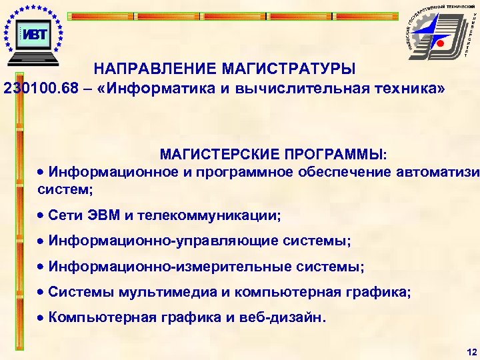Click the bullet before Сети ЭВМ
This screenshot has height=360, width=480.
pos(41,216)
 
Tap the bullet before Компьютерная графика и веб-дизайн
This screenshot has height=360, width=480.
pos(41,317)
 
